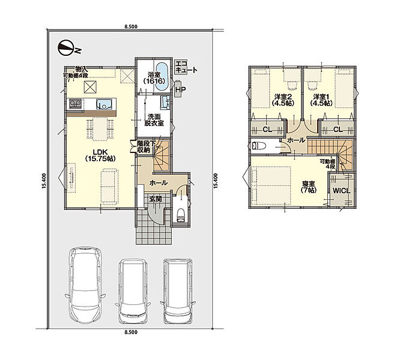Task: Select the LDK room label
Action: [x=100, y=155]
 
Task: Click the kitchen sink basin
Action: [x=104, y=104]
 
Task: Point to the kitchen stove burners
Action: [x=74, y=104]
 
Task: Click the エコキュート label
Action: [x=186, y=67]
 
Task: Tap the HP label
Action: [x=180, y=89]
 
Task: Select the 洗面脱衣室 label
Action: [x=154, y=120]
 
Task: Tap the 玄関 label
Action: [x=156, y=199]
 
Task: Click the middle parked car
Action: [x=133, y=291]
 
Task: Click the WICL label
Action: [x=341, y=191]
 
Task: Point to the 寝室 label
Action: [x=308, y=187]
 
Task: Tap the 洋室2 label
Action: [x=283, y=100]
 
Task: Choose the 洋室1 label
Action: [x=321, y=100]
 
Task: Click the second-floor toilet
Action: [x=257, y=146]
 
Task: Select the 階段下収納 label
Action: [x=144, y=146]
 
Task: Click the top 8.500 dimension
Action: [x=131, y=26]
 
